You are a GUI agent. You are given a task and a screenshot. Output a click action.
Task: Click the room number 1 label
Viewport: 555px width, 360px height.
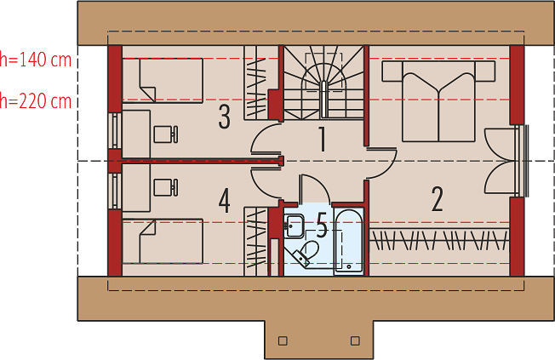tap(322, 139)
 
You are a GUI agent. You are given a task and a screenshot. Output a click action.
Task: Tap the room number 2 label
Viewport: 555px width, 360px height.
tap(437, 199)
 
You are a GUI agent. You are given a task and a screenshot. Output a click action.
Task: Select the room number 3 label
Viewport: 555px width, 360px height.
tap(225, 117)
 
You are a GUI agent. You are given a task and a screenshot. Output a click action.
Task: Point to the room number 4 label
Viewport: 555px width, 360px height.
tap(225, 201)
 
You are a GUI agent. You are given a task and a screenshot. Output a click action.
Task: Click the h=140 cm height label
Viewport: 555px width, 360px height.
tap(36, 60)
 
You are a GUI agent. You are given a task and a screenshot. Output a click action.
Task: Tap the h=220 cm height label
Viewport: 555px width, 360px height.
tap(36, 101)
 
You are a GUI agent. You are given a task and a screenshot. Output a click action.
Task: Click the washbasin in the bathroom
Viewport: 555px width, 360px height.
tap(294, 226)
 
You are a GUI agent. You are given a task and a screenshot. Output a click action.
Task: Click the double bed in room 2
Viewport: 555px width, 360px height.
tap(438, 101)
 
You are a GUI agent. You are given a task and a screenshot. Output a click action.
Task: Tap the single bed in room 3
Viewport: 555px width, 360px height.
tap(163, 81)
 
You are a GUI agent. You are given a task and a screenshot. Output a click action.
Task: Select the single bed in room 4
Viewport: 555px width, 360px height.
tap(163, 241)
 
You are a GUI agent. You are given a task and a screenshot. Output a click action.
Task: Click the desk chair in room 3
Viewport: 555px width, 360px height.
tap(166, 134)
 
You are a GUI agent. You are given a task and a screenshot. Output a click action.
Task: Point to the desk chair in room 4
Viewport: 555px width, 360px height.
tap(166, 187)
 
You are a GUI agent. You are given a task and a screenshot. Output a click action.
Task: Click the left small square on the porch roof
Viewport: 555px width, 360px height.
tap(283, 341)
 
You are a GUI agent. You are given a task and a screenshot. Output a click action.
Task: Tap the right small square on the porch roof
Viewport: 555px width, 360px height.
tap(355, 341)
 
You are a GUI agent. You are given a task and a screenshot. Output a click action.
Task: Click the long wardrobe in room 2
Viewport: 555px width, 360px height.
tap(439, 241)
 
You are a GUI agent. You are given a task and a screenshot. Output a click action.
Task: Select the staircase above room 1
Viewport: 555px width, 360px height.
tap(323, 82)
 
